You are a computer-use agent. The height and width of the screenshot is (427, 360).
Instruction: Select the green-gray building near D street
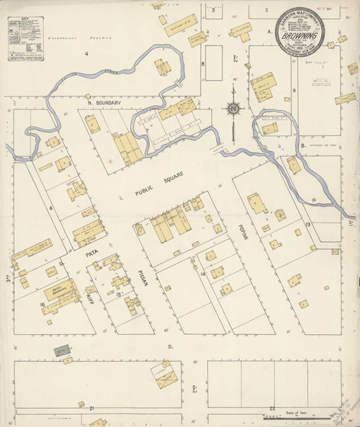62,351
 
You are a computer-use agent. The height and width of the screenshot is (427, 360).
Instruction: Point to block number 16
43,305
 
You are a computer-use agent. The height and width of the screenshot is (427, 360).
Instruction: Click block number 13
307,225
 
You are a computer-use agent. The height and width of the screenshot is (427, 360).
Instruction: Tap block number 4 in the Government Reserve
84,54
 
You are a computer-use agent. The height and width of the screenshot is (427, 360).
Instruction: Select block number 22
271,408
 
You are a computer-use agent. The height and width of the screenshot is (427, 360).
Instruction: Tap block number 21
93,408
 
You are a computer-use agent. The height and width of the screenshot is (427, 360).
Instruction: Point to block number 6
51,208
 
